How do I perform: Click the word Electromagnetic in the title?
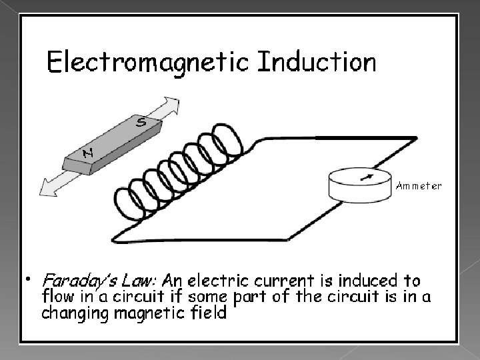tap(147, 63)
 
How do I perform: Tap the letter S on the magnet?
tap(141, 122)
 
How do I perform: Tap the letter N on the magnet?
tap(87, 153)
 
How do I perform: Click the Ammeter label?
tap(418, 187)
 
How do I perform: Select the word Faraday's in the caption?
tap(74, 279)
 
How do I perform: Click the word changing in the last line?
tap(73, 313)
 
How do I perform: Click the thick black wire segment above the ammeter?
tap(366, 137)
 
